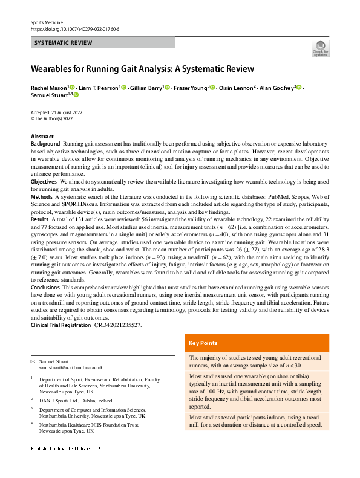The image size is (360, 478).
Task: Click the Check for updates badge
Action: coord(319,48)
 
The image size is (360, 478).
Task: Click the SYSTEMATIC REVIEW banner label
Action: coord(64,43)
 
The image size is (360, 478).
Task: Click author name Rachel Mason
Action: coord(48,88)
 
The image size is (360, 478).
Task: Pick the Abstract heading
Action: coord(42,137)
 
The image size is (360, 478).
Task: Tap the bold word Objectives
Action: coord(44,181)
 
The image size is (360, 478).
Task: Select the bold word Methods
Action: coord(41,197)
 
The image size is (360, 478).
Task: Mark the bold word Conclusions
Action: coord(45,288)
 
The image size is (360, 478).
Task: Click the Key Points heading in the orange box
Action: coord(203,343)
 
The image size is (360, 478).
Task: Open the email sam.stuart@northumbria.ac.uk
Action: coord(71,367)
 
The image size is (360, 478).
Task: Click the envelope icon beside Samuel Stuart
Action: coord(33,361)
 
